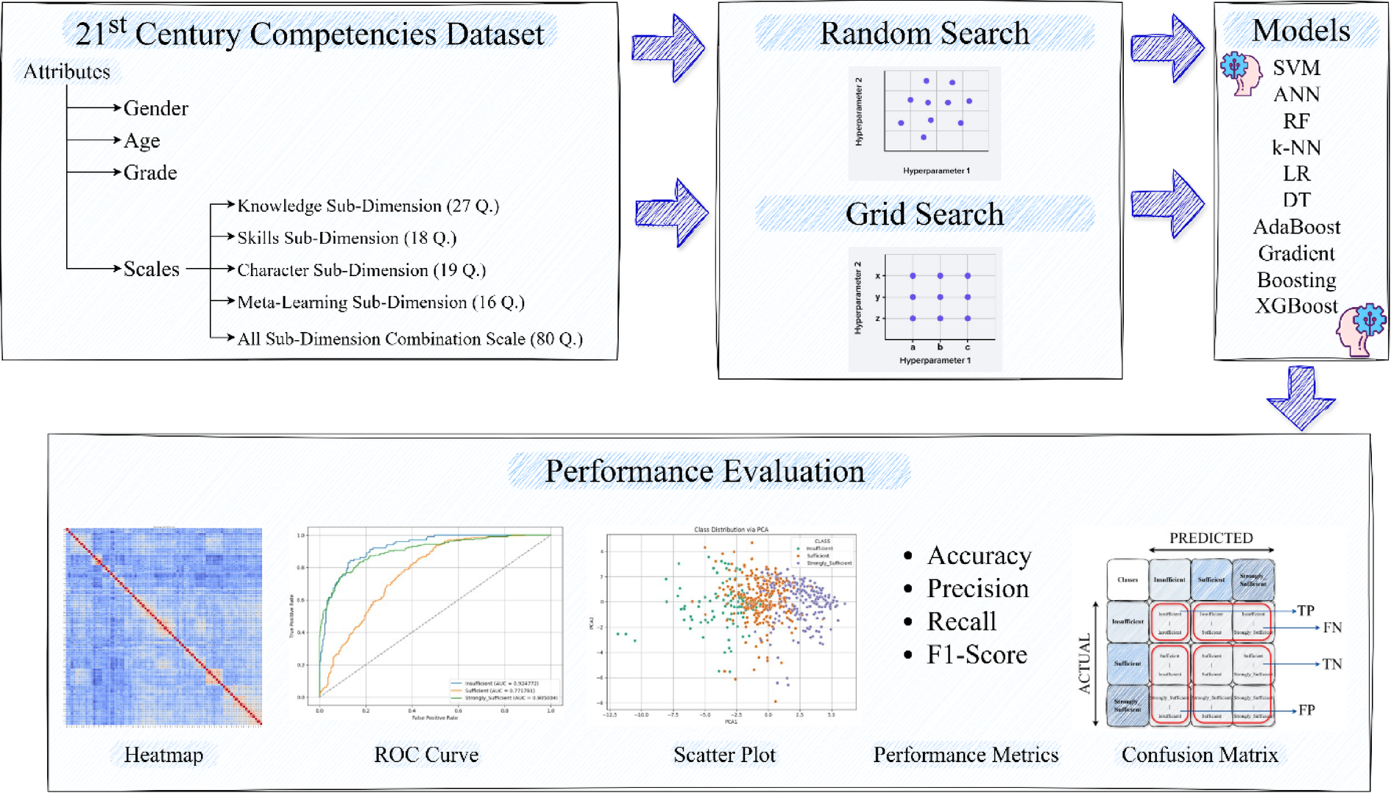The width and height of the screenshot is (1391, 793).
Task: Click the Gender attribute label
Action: [x=155, y=109]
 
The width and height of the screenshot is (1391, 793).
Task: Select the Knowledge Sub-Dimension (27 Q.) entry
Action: [x=367, y=206]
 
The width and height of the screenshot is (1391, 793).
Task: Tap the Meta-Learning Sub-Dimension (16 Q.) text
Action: [x=381, y=303]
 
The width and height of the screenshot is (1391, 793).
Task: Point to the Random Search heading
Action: [x=924, y=34]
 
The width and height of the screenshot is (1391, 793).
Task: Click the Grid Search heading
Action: [x=924, y=214]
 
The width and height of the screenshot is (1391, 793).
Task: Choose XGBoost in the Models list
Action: [x=1296, y=306]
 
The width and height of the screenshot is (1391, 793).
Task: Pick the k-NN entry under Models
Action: [x=1296, y=148]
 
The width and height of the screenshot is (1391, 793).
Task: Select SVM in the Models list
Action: [x=1296, y=68]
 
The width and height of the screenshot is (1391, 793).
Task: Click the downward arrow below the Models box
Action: [x=1300, y=398]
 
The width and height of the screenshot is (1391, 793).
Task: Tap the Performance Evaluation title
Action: [x=704, y=471]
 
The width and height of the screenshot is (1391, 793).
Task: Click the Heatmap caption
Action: [x=163, y=755]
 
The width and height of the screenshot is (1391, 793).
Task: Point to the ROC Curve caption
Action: [x=426, y=755]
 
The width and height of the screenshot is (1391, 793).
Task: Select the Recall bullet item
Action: [x=961, y=621]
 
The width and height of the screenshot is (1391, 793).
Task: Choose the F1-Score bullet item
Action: [x=977, y=655]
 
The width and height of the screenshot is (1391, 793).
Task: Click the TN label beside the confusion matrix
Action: [x=1332, y=664]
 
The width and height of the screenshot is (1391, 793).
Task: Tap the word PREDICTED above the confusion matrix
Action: [x=1211, y=538]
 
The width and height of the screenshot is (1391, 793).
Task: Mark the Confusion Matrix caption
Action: [x=1200, y=755]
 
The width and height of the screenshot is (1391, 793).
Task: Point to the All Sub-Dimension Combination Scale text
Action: [x=409, y=339]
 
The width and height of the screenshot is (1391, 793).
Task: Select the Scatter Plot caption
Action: [x=724, y=755]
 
